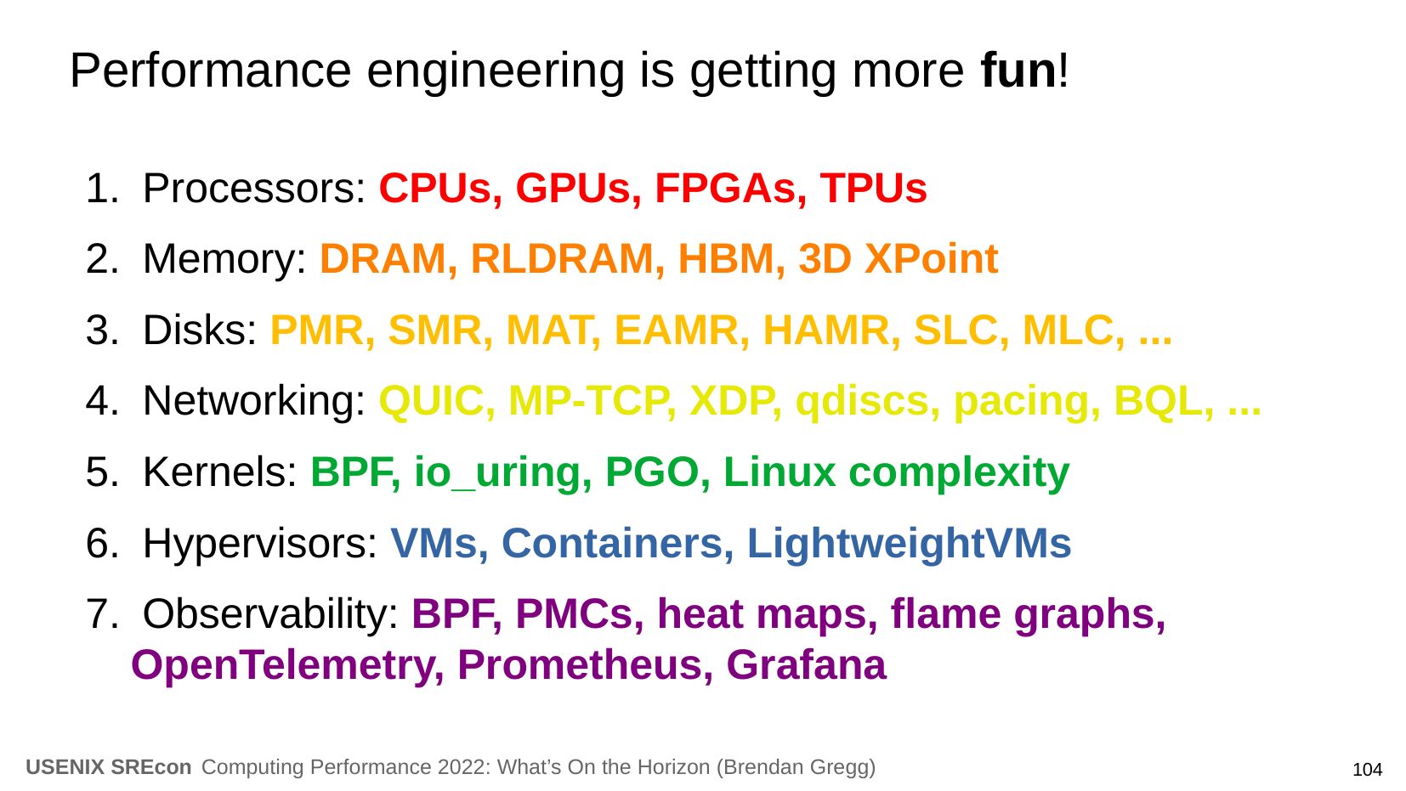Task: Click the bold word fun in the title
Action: [1018, 71]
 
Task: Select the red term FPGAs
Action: [725, 188]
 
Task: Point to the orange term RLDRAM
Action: [563, 258]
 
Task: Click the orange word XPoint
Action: [931, 259]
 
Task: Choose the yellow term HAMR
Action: [826, 330]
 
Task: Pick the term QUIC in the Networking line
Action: [432, 401]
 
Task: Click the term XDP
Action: [731, 401]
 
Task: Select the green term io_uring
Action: [497, 472]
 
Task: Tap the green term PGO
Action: [652, 472]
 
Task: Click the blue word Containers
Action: [612, 543]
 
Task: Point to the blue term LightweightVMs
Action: [909, 544]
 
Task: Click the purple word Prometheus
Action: [580, 665]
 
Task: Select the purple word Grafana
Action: [806, 665]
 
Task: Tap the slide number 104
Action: [1367, 770]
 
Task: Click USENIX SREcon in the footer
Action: [109, 767]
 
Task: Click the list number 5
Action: [98, 472]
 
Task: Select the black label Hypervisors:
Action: [260, 544]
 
